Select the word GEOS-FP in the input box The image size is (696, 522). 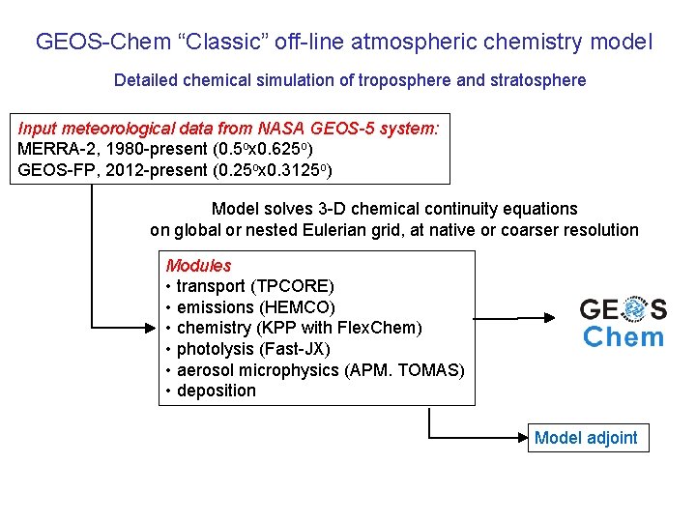point(50,170)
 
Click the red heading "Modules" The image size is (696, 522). point(198,265)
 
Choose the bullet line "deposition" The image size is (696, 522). point(216,391)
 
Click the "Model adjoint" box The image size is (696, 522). point(586,438)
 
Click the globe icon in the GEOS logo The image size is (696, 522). point(634,309)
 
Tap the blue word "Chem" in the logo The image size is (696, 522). point(623,337)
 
